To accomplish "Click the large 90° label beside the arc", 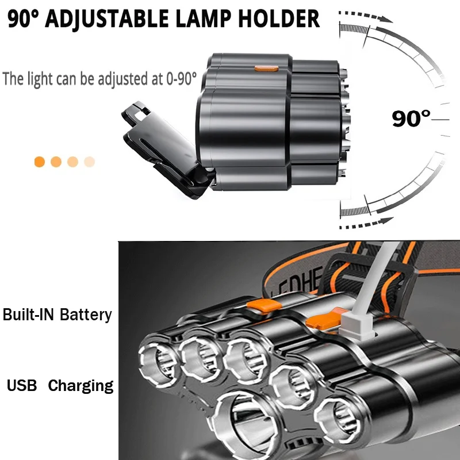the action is (411, 118).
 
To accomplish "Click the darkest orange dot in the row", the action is (40, 162).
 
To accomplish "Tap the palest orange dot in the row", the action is (89, 162).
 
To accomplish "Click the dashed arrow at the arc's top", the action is (362, 16).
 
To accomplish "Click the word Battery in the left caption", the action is (86, 315).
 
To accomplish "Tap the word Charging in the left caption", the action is (80, 385).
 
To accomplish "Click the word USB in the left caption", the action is (22, 385).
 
